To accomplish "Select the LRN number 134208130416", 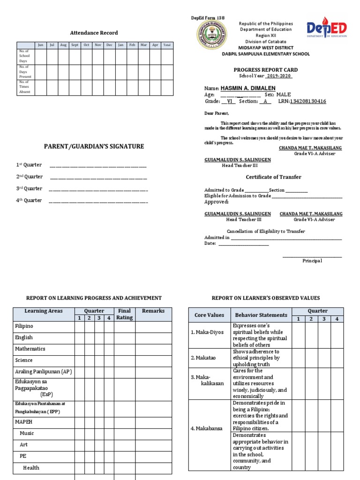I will (x=308, y=101).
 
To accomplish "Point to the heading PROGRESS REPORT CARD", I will (x=266, y=69).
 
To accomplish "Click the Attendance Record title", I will (x=94, y=33).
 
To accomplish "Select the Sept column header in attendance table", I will (x=75, y=45).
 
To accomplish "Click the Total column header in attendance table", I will (x=167, y=45).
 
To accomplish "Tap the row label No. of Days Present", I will (x=24, y=72).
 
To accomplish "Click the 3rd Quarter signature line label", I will (x=30, y=188).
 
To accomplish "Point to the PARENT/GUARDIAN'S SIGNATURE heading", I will (x=94, y=147).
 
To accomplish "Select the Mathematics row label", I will (x=30, y=349).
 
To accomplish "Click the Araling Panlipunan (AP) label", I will (x=43, y=371).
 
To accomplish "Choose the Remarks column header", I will (x=153, y=311).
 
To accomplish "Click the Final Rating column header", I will (x=124, y=314).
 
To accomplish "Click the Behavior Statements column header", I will (x=261, y=315).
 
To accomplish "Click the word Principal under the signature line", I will (x=312, y=261).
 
